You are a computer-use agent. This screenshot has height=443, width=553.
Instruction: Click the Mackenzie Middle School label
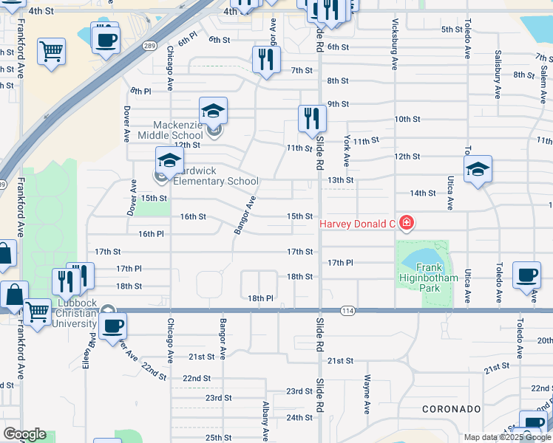point(178,129)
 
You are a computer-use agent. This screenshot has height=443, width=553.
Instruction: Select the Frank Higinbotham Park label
point(430,277)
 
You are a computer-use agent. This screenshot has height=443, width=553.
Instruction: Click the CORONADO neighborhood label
point(452,408)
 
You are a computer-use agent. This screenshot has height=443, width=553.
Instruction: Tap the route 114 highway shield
point(347,311)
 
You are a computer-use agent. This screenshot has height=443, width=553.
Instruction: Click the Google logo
point(24,434)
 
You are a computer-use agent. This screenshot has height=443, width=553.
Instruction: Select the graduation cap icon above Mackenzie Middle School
point(213,111)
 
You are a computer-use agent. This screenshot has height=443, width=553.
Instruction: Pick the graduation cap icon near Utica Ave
point(478,171)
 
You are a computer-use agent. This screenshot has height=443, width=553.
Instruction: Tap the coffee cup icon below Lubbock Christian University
point(112,326)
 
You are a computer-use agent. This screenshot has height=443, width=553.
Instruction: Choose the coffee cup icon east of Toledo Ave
point(526,275)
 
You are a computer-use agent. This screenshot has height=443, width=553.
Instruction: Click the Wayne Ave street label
point(367,393)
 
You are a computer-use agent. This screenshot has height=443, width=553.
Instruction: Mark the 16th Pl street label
point(151,233)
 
